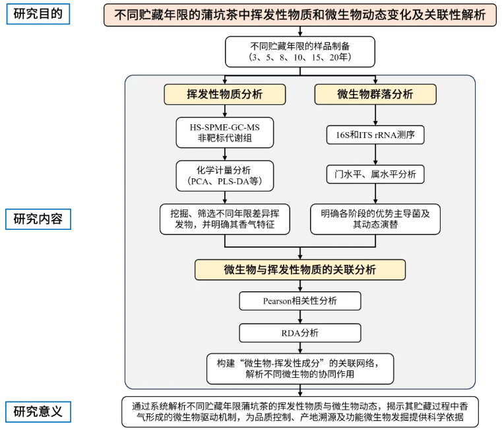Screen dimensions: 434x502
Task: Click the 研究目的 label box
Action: click(38, 13)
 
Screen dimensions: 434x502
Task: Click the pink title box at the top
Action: click(300, 15)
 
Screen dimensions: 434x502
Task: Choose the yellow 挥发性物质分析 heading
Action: click(225, 94)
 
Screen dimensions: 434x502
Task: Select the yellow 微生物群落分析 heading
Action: click(375, 94)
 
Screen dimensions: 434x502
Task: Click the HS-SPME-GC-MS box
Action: click(225, 132)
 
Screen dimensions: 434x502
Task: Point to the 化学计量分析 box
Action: click(225, 176)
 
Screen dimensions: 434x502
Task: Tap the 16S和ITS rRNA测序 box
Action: click(375, 135)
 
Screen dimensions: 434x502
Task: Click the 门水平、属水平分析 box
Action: click(375, 174)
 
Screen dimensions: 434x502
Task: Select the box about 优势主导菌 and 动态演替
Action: click(375, 219)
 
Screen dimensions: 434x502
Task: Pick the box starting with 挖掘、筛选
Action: click(225, 219)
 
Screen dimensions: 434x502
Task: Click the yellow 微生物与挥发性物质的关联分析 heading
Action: click(300, 270)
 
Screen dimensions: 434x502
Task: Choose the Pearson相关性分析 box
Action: click(300, 301)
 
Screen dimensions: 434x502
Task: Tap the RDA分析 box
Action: click(300, 332)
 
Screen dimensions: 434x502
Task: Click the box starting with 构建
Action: click(300, 368)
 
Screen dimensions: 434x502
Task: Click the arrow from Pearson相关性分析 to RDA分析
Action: click(300, 317)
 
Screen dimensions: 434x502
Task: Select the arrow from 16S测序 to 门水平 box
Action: click(375, 155)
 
